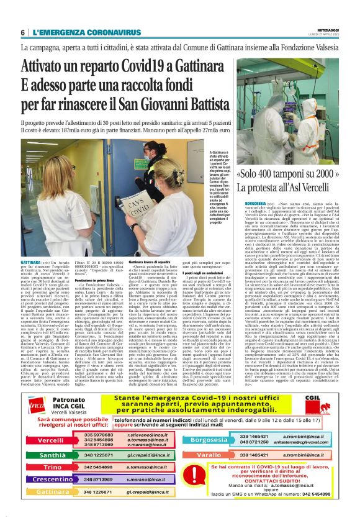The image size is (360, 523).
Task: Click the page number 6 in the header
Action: pyautogui.click(x=22, y=32)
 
